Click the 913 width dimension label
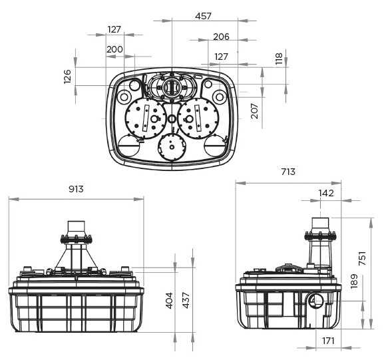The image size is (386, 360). coord(75,189)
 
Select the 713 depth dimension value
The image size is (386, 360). coord(288,172)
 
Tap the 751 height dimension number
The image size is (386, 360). coord(362,259)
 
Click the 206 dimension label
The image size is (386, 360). coord(222,37)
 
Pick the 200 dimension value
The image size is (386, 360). coord(115,49)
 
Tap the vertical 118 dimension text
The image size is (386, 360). coord(279,59)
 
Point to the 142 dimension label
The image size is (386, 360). coord(326,193)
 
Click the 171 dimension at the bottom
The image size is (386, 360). coord(327,341)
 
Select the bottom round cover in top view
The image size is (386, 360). coord(172,146)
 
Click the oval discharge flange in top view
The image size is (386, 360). coord(172,86)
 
